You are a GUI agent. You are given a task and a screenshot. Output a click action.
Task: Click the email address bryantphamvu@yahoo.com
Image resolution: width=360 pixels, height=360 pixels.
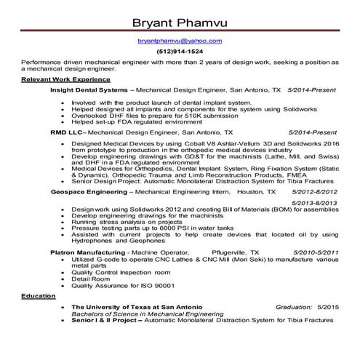pyautogui.click(x=180, y=41)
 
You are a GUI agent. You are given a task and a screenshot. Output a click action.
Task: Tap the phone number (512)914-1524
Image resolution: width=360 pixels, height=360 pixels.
pyautogui.click(x=180, y=52)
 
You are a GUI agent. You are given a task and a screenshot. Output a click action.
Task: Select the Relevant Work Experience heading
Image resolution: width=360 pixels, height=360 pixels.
pyautogui.click(x=66, y=79)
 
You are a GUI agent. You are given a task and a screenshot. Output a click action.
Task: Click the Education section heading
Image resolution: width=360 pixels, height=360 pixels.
pyautogui.click(x=37, y=297)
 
